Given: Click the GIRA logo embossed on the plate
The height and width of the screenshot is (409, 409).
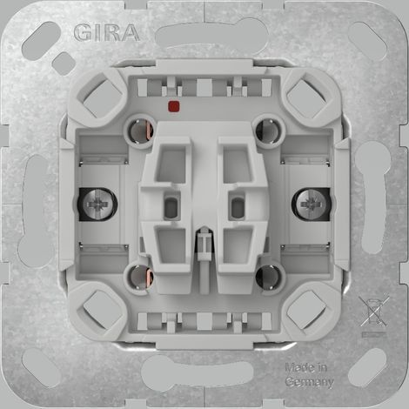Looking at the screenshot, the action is point(106,32).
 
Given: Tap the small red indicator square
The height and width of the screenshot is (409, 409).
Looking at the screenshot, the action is point(173,106).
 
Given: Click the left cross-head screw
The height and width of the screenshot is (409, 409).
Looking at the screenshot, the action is point(98,204).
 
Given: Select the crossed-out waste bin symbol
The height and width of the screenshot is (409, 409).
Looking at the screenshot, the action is point(373,312).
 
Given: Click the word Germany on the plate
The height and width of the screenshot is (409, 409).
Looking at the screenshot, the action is point(310,382).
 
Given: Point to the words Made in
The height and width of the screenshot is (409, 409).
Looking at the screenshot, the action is point(306,367).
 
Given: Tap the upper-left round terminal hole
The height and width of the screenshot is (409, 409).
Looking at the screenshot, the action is point(140,131).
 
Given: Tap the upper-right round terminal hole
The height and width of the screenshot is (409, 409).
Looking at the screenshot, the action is point(268,131).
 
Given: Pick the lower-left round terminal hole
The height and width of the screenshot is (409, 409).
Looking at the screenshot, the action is point(140,277).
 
